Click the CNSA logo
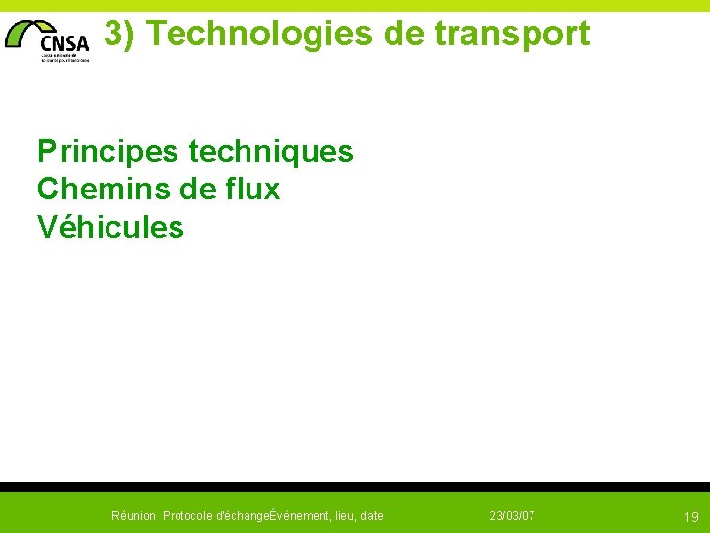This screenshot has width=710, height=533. (x=48, y=39)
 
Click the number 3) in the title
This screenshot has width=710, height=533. (x=119, y=34)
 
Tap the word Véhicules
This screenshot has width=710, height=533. (x=110, y=227)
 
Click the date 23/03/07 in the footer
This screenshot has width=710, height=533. (x=513, y=516)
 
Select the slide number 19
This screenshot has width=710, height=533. (x=691, y=517)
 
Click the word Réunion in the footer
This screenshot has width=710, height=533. (x=133, y=516)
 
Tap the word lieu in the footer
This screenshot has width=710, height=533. (x=346, y=516)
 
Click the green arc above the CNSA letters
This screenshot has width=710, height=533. (x=35, y=28)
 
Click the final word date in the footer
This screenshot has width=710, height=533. (x=373, y=516)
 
